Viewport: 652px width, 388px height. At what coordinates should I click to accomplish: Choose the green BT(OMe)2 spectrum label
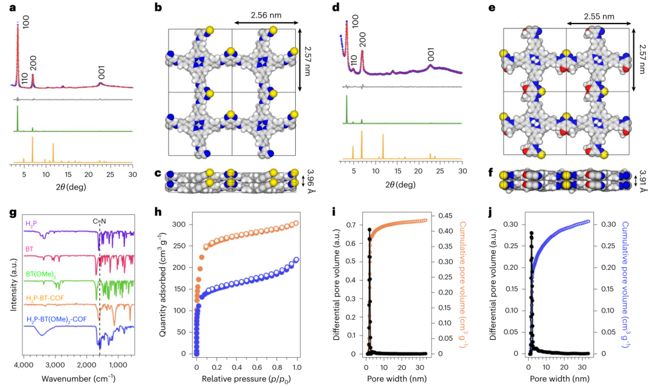click(40, 273)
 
